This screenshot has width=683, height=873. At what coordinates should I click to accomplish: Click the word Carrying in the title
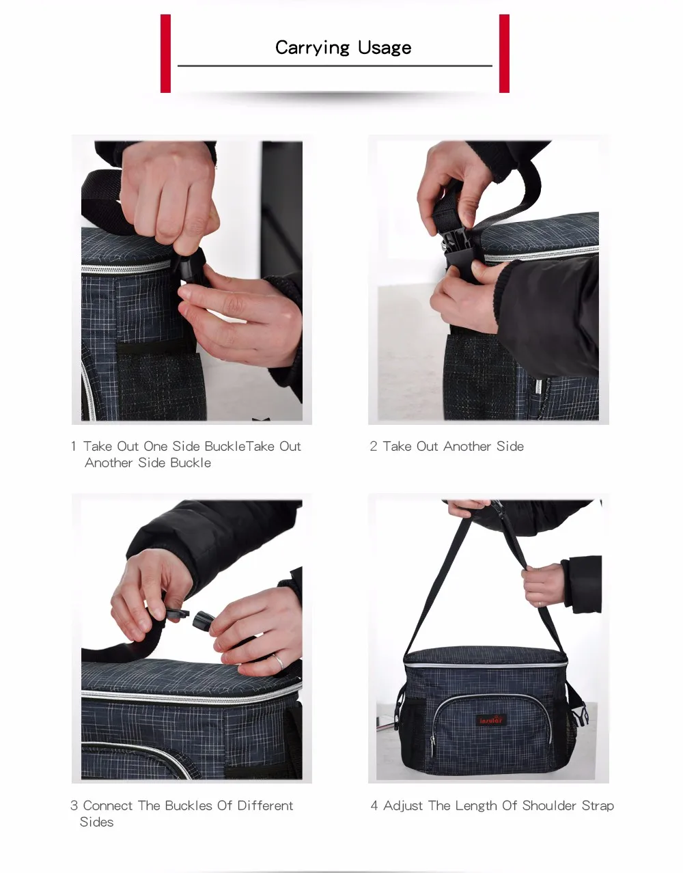[312, 48]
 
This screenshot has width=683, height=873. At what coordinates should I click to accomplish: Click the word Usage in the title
[385, 48]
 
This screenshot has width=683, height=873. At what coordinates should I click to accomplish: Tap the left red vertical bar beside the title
[165, 53]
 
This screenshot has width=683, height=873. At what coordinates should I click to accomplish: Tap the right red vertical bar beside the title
[504, 53]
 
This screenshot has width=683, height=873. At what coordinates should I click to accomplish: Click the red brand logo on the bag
[490, 720]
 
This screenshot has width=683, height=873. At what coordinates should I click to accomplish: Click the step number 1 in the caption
[74, 446]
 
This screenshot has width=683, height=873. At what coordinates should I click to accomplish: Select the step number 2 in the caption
[373, 446]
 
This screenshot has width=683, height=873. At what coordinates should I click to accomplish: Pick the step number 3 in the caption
[74, 805]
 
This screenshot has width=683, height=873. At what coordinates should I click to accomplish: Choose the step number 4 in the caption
[374, 805]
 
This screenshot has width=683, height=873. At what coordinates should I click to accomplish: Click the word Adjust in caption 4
[403, 806]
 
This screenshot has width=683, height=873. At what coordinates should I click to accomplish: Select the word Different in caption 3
[265, 805]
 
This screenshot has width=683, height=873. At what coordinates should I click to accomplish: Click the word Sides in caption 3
[96, 822]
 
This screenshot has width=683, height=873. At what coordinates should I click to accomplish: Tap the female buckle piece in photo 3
[204, 620]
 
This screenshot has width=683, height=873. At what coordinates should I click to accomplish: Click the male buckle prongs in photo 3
[175, 614]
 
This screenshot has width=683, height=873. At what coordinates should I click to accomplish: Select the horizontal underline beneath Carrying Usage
[335, 66]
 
